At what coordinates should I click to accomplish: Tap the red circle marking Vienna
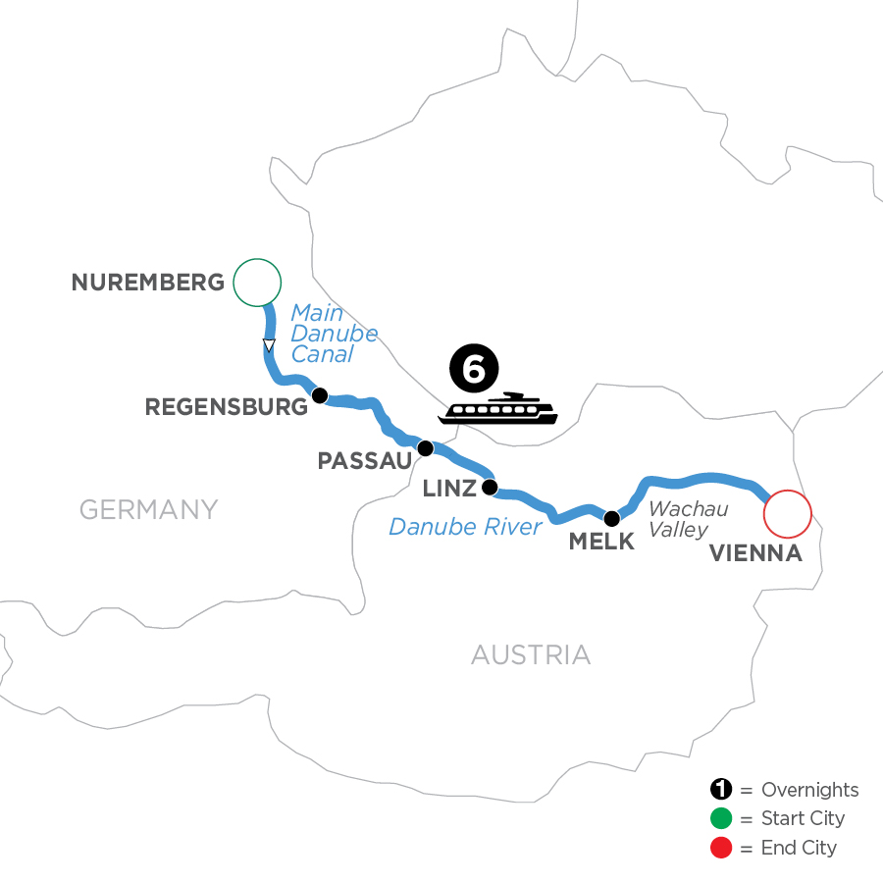(788, 513)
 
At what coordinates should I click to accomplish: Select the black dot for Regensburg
(318, 395)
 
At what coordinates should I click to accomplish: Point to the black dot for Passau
(425, 448)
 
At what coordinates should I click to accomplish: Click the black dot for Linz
(490, 487)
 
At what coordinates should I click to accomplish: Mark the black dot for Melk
(611, 518)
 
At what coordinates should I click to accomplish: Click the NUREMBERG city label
(148, 283)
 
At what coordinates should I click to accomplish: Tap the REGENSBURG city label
(227, 407)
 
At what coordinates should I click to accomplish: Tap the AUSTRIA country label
(531, 654)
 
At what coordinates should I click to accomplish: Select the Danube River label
(465, 527)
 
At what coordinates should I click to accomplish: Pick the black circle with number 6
(474, 371)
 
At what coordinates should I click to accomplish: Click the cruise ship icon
(498, 409)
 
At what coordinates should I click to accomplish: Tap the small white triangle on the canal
(268, 344)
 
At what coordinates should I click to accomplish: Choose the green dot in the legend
(721, 818)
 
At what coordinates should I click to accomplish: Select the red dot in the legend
(721, 847)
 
